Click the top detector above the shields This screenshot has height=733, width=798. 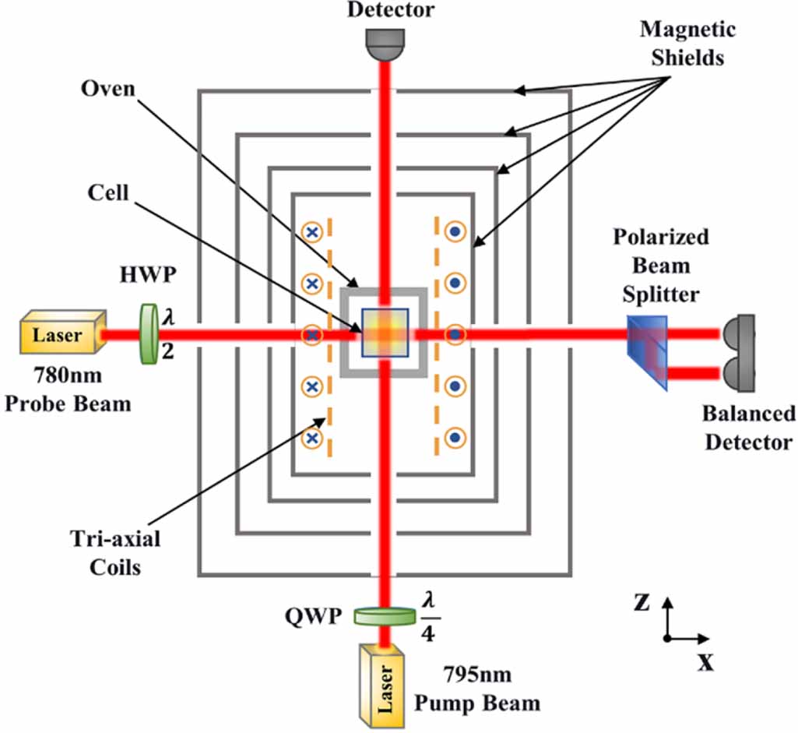pos(385,44)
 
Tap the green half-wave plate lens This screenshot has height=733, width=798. pos(149,334)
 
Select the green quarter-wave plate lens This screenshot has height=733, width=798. pos(385,616)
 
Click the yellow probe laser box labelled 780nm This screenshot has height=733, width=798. pos(62,331)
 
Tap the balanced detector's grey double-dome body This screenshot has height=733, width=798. pos(738,354)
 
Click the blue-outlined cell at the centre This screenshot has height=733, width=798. pos(385,333)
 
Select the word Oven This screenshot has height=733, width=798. pos(108,89)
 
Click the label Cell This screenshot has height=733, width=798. pos(108,193)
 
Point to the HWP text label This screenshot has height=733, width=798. pos(148,275)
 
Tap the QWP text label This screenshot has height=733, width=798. pos(313,616)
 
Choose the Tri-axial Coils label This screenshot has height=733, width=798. pos(115,553)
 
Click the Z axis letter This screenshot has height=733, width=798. pos(642,602)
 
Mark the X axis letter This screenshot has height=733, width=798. pos(706,662)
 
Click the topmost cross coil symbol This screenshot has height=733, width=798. pos(312,232)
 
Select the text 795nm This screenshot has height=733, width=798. pos(477,675)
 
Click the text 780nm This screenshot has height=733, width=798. pos(68,375)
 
